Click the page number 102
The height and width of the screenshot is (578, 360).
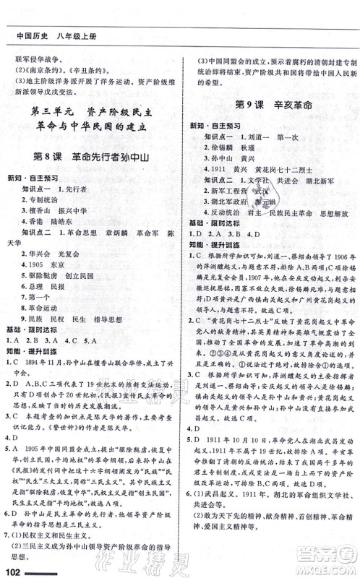14,570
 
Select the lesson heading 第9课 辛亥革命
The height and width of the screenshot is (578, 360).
272,105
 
